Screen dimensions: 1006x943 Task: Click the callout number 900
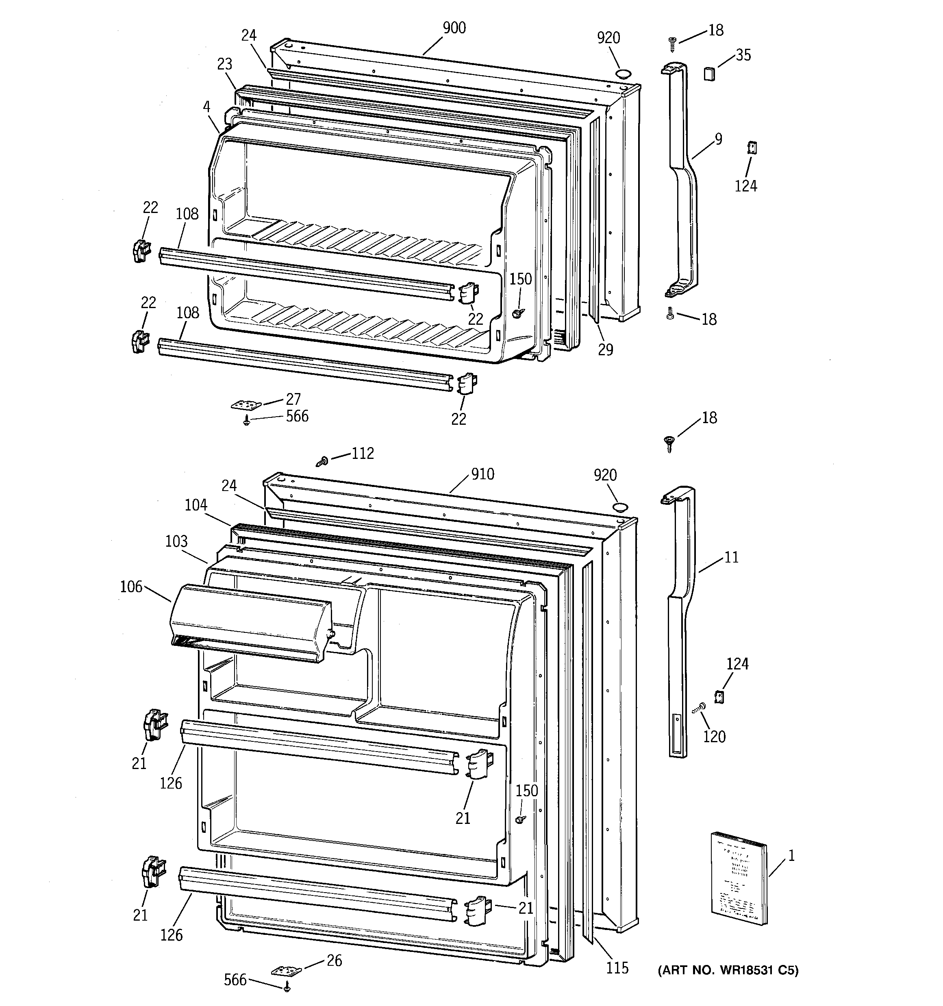click(454, 28)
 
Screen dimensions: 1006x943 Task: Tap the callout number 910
click(482, 474)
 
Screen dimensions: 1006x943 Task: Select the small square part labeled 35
click(710, 74)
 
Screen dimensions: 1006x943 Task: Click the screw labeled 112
click(322, 461)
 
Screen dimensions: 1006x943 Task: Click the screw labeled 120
click(700, 708)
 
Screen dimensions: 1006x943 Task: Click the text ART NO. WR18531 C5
click(728, 971)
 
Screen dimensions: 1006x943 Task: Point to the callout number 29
click(605, 350)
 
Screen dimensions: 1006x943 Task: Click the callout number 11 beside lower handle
click(731, 558)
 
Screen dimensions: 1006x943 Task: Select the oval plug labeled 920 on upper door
click(623, 74)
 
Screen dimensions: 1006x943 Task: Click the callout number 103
click(176, 541)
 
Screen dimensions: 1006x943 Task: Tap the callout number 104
click(196, 504)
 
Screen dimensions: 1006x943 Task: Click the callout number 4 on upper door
click(206, 107)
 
